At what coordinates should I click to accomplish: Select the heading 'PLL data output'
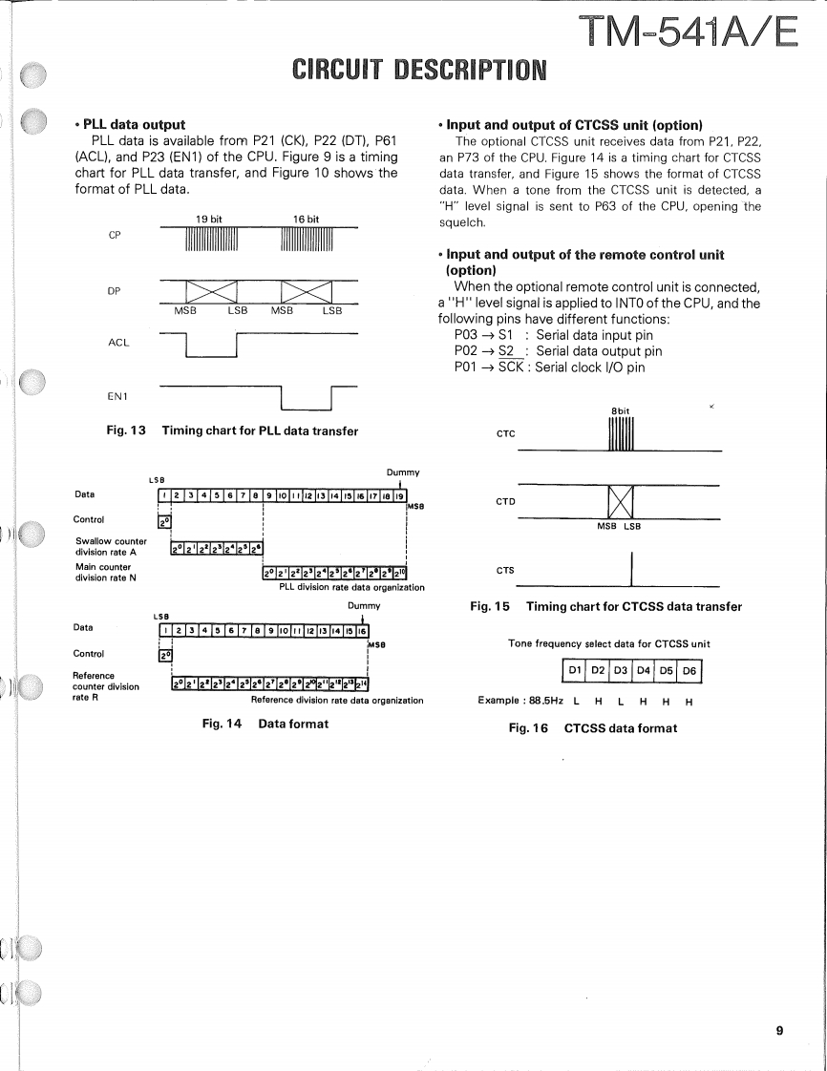[135, 124]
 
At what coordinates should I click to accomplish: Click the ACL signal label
[118, 342]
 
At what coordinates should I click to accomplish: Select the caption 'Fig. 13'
[125, 430]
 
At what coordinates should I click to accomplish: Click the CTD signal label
[505, 499]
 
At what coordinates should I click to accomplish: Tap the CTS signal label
[505, 571]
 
